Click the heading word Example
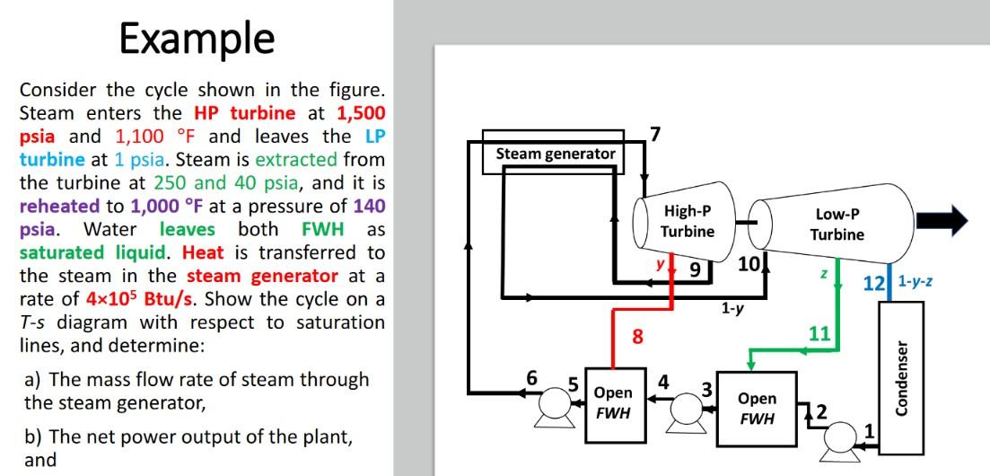[197, 39]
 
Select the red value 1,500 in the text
[361, 114]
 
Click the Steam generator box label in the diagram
[556, 154]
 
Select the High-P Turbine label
[688, 222]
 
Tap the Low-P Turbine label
[837, 225]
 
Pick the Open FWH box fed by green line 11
[756, 409]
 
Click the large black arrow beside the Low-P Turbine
[948, 218]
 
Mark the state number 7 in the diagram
[655, 135]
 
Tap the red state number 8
[637, 337]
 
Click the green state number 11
[819, 335]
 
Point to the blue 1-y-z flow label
[915, 281]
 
